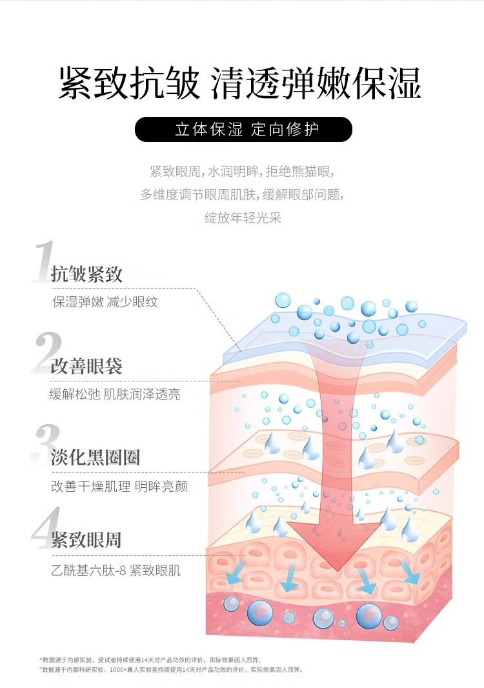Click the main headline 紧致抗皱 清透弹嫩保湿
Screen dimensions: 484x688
click(240, 83)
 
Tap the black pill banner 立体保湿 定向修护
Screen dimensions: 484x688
click(243, 129)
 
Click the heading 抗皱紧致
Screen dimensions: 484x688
click(86, 274)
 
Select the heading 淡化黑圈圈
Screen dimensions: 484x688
click(96, 458)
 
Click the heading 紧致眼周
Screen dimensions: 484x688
click(86, 540)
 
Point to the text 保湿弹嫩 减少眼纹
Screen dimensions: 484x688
click(105, 302)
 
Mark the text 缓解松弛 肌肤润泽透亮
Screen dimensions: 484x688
click(115, 394)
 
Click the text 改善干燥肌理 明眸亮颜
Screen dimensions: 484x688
click(119, 486)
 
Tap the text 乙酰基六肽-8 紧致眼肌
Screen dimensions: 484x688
click(116, 571)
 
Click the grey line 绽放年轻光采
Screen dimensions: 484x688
click(243, 218)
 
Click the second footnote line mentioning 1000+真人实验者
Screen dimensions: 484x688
click(171, 670)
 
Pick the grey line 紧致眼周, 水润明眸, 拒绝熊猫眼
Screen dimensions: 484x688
click(243, 172)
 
